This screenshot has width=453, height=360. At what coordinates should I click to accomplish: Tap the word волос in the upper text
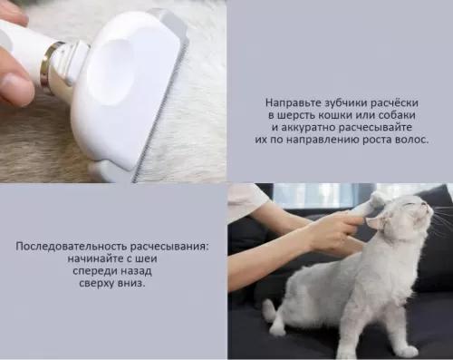(412, 141)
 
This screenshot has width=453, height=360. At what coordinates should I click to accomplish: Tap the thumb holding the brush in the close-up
(16, 86)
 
